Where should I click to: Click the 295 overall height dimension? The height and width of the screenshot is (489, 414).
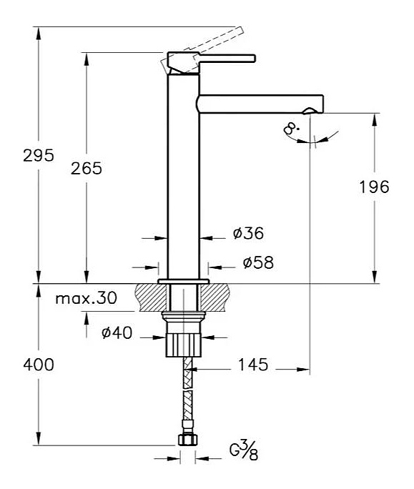(39, 155)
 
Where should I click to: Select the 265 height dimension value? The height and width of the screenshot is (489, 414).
(87, 169)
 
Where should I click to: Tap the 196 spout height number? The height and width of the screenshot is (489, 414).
(375, 187)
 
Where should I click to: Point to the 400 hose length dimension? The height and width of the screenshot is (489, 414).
(39, 365)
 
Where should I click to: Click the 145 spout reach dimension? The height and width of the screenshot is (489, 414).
(253, 365)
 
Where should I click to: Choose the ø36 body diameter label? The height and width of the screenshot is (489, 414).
(248, 233)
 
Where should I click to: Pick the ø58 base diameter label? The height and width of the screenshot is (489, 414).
(258, 262)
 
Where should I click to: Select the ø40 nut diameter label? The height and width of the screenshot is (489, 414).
(117, 332)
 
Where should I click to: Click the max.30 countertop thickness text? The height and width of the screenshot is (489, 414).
(86, 298)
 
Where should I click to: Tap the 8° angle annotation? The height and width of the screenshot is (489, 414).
(292, 129)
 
